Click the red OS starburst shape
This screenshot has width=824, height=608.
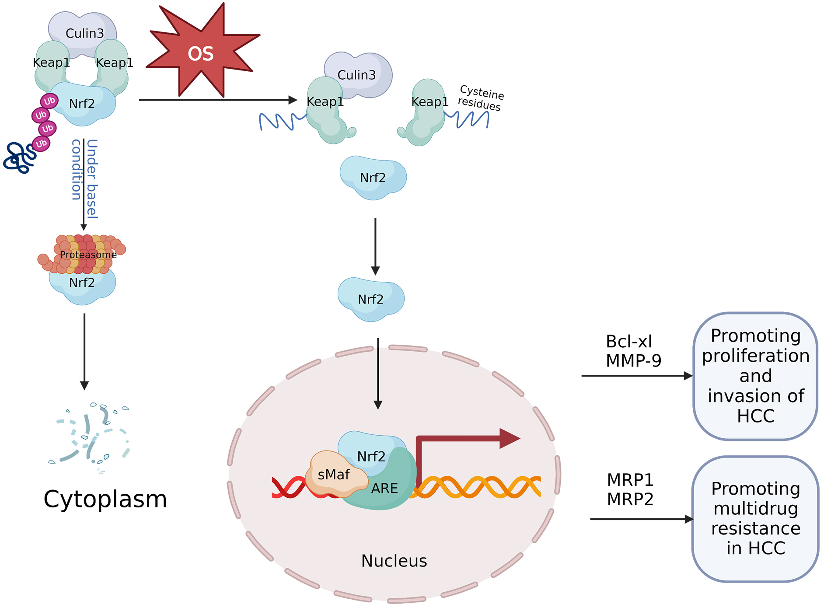point(201,52)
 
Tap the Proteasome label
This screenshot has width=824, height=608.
point(88,255)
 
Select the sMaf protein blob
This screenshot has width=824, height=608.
point(335,475)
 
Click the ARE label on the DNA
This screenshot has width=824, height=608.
point(384,488)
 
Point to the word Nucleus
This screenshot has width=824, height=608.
point(394,561)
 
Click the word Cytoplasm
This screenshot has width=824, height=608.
point(105,499)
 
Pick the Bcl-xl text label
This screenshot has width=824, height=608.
point(628,342)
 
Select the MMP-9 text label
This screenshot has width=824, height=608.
point(633,360)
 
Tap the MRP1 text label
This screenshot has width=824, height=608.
point(630,480)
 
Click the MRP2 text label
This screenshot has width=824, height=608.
point(630,499)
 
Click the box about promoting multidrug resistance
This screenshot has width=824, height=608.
point(755,519)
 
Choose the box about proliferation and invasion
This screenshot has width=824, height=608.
point(755,376)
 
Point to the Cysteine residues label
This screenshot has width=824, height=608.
point(481,98)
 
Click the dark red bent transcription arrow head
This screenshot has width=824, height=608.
point(509,438)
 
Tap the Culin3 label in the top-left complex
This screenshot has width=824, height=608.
point(84,33)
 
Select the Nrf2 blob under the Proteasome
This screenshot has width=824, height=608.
point(82,287)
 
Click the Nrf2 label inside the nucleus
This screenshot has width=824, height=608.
point(371,457)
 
